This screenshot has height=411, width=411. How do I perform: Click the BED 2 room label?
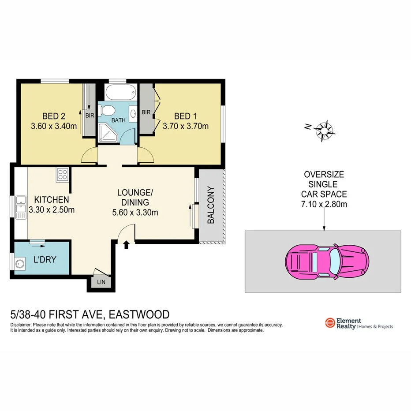pyautogui.click(x=54, y=116)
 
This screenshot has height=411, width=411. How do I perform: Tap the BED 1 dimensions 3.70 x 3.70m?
pyautogui.click(x=185, y=126)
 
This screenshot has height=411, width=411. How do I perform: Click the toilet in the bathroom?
pyautogui.click(x=108, y=110)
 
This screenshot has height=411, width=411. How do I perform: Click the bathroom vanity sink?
pyautogui.click(x=134, y=112)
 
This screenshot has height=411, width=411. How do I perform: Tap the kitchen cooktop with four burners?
pyautogui.click(x=62, y=175)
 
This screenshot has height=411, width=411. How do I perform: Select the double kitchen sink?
pyautogui.click(x=20, y=207)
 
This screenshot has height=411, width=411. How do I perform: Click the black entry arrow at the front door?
pyautogui.click(x=127, y=244)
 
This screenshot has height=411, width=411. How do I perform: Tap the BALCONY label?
pyautogui.click(x=211, y=205)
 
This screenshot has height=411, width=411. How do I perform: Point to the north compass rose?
pyautogui.click(x=325, y=130)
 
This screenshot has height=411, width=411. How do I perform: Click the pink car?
pyautogui.click(x=327, y=262)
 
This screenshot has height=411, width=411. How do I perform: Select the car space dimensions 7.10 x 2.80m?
pyautogui.click(x=324, y=204)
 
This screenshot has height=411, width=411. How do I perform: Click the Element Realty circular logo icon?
pyautogui.click(x=329, y=323)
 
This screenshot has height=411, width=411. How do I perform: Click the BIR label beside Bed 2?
pyautogui.click(x=90, y=116)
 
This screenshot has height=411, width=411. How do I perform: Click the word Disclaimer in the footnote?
pyautogui.click(x=21, y=325)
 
